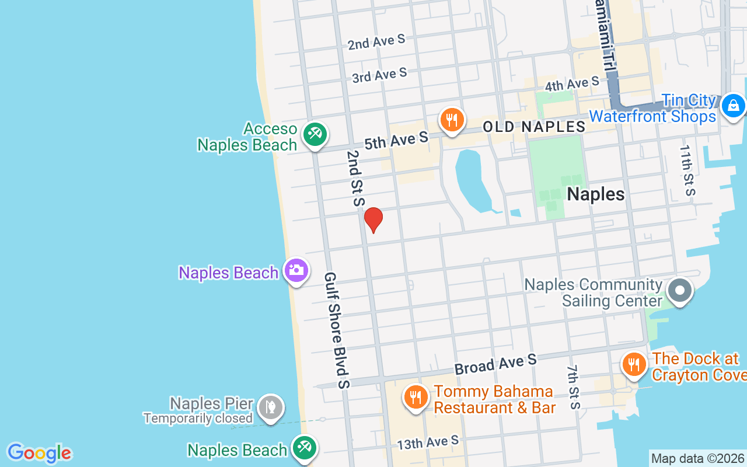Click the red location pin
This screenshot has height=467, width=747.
(373, 219)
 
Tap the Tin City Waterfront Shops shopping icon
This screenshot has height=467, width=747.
(733, 106)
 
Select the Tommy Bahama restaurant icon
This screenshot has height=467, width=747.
(415, 398)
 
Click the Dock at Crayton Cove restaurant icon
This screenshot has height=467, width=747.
(633, 364)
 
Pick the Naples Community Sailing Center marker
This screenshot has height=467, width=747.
(680, 290)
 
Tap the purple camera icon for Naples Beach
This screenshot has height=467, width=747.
(296, 270)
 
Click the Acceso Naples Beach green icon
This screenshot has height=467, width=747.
(315, 134)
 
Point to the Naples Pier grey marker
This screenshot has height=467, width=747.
(271, 406)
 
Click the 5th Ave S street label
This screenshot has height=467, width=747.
(396, 140)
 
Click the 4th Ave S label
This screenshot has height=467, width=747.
(572, 83)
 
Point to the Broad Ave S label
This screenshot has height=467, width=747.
(495, 364)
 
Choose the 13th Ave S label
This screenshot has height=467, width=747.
(428, 443)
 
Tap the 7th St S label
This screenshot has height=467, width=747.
(574, 387)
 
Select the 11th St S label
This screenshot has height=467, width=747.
(687, 169)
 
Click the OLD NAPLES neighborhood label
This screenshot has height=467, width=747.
(534, 127)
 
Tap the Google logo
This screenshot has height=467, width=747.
(39, 453)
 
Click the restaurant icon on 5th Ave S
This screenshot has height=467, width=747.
(451, 120)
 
